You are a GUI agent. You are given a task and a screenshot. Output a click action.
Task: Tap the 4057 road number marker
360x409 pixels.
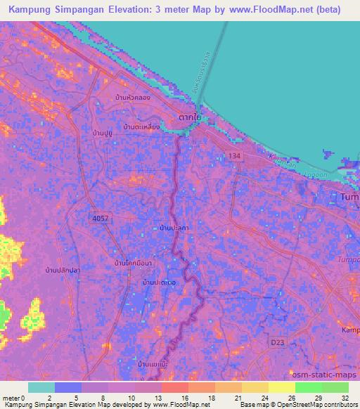(x=101, y=219)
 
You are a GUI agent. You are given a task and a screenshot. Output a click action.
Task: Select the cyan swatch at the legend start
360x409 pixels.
(x=41, y=387)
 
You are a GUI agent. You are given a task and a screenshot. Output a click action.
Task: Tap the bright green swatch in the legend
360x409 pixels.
(x=309, y=387)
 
